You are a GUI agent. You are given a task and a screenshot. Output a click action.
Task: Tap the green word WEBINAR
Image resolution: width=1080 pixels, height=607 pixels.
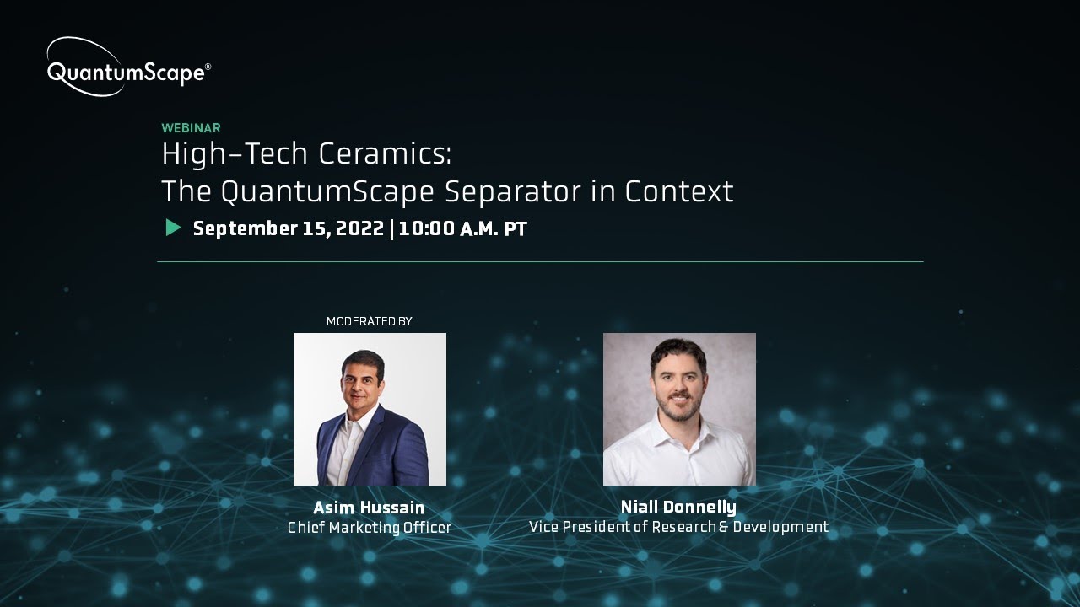[x=192, y=128]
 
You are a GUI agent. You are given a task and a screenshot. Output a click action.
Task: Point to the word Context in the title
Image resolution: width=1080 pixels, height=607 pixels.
[x=679, y=192]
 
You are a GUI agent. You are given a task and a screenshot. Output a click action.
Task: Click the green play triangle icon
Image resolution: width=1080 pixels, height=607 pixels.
[x=173, y=228]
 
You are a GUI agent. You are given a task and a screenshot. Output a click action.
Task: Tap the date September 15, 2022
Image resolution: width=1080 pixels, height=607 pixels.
[x=289, y=229]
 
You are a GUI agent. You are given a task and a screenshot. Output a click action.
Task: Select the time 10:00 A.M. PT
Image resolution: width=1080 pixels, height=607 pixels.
[x=463, y=229]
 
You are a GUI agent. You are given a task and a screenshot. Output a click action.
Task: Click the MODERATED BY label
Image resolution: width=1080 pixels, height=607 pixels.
[x=369, y=321]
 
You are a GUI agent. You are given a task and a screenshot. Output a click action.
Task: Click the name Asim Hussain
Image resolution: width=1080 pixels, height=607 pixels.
[x=369, y=508]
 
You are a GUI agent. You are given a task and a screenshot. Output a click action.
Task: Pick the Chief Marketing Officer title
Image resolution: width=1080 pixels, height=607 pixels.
[x=370, y=528]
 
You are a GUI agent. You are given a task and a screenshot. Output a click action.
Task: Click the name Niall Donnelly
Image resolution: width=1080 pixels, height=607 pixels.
[x=678, y=507]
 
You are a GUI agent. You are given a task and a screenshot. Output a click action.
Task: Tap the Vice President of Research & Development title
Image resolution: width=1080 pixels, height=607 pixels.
[x=678, y=527]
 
